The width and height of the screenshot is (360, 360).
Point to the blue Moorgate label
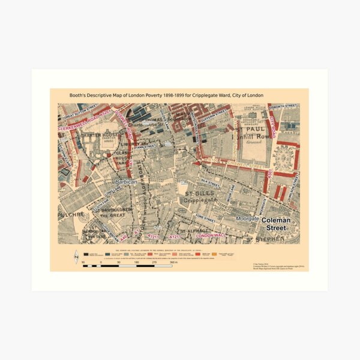247,219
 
